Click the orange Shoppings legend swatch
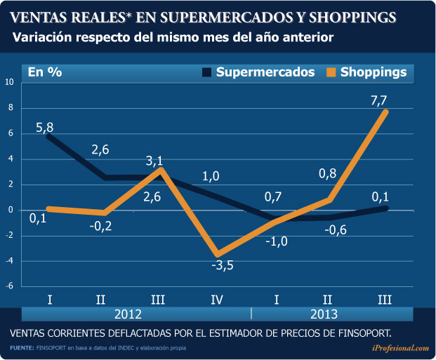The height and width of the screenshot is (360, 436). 331,72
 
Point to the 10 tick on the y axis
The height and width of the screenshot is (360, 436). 9,82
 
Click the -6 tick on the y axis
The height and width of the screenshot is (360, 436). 9,286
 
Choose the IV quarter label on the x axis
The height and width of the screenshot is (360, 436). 217,300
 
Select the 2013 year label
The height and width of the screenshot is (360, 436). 322,314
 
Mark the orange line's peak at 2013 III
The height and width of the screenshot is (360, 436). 385,112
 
